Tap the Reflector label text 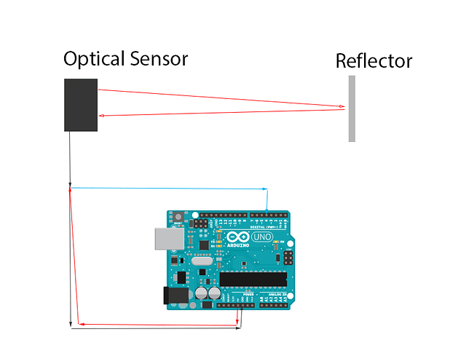coord(374,60)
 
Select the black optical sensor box coord(81,105)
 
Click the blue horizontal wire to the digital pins coord(167,189)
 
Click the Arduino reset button coord(178,217)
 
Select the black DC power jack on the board coord(175,295)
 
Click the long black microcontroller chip coord(253,278)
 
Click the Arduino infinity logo coord(238,237)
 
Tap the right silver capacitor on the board coord(214,293)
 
